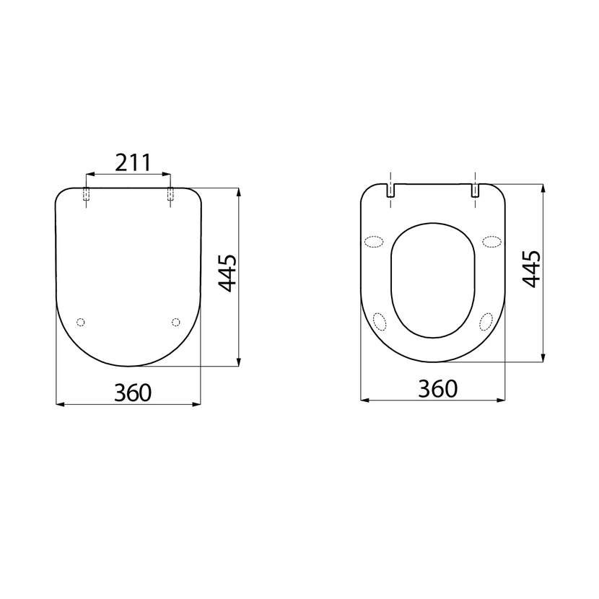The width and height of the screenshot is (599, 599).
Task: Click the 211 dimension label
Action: coord(134,162)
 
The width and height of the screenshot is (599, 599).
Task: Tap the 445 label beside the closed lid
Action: coord(227,273)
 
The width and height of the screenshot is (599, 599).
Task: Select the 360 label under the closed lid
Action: coord(133,393)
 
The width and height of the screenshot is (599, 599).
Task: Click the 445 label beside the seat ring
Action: coord(531,269)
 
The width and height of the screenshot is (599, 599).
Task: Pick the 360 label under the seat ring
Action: coord(438,389)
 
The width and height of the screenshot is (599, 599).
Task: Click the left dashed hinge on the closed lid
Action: coord(87,194)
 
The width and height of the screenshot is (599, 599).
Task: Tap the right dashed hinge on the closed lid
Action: coord(170,194)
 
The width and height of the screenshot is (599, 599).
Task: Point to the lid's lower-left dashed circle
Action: coord(80,322)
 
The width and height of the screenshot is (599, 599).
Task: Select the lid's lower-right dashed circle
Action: coord(175,322)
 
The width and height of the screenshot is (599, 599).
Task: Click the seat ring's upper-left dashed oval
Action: coord(374,242)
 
